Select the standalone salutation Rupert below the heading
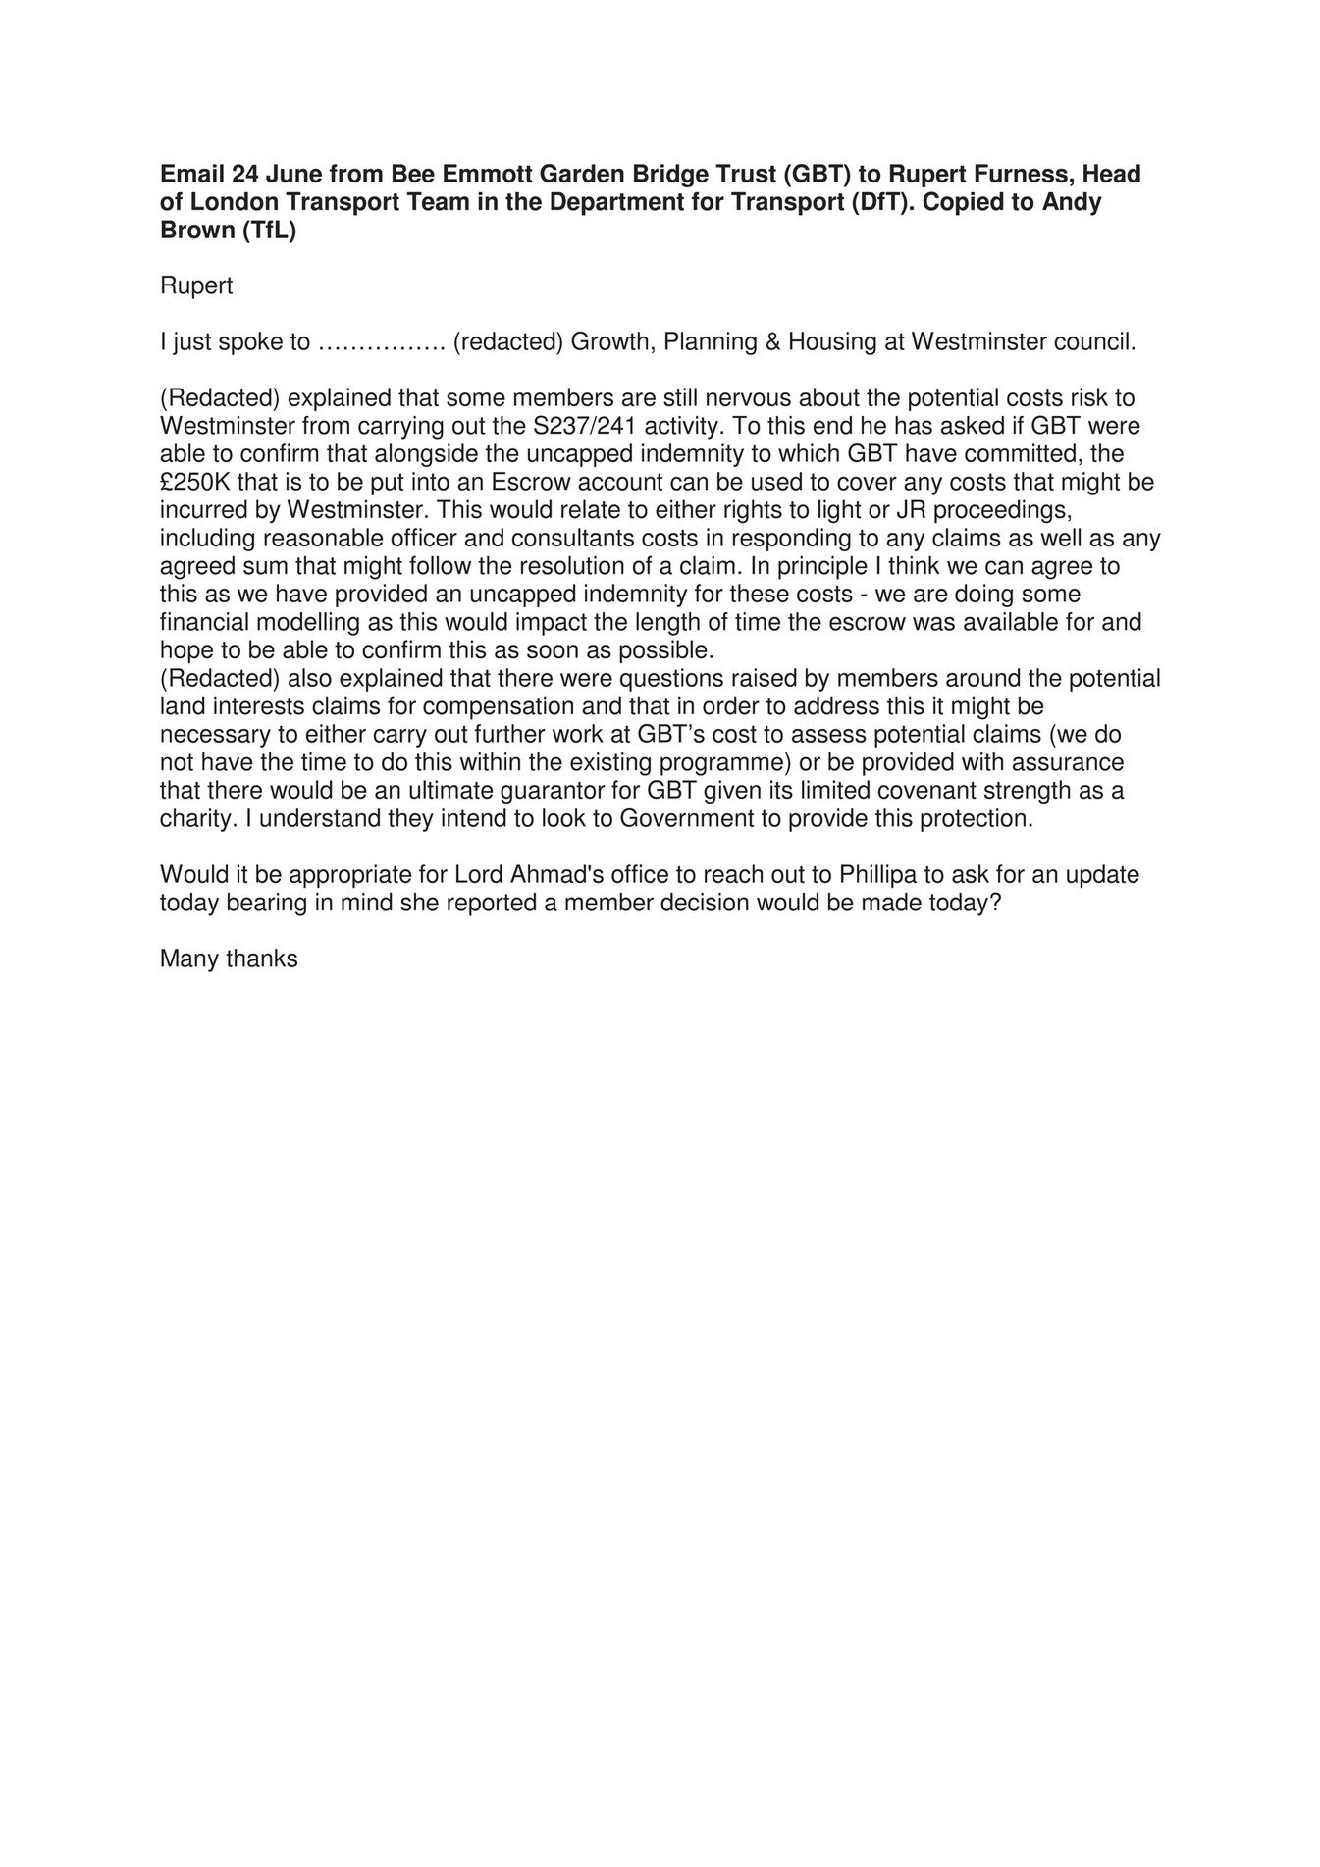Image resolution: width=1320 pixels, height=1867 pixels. tap(196, 286)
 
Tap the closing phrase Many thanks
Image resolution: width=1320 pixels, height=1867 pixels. tap(229, 959)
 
